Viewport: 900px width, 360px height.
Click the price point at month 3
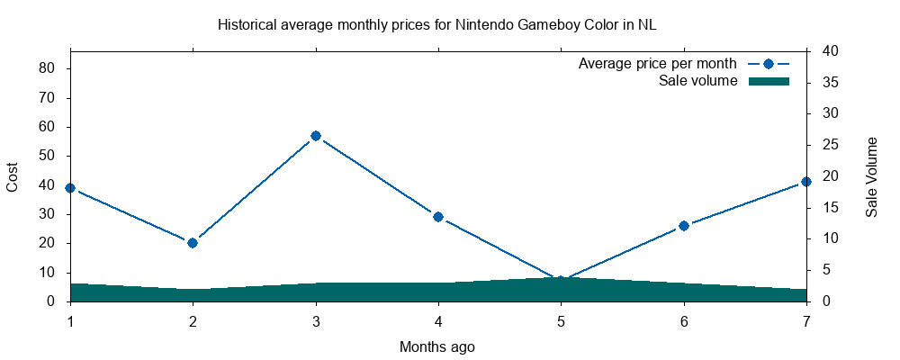pyautogui.click(x=316, y=136)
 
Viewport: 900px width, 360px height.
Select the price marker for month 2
pyautogui.click(x=193, y=243)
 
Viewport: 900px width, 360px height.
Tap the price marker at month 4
pyautogui.click(x=438, y=217)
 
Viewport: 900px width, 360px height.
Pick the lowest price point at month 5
pyautogui.click(x=561, y=281)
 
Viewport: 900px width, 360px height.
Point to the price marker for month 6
pyautogui.click(x=684, y=226)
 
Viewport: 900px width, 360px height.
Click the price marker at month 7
pyautogui.click(x=806, y=182)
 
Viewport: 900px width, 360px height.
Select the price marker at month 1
pyautogui.click(x=70, y=188)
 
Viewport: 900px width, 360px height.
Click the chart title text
pyautogui.click(x=437, y=25)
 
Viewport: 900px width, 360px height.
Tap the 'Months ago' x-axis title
pyautogui.click(x=437, y=346)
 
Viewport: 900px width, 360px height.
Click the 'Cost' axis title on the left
pyautogui.click(x=13, y=176)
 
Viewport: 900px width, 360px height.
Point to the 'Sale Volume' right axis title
pyautogui.click(x=871, y=176)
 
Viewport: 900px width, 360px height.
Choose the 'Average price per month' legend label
pyautogui.click(x=658, y=64)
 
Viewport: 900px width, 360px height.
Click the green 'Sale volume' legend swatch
pyautogui.click(x=769, y=81)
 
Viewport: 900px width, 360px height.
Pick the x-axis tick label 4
pyautogui.click(x=438, y=321)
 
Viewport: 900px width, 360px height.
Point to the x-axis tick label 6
pyautogui.click(x=684, y=321)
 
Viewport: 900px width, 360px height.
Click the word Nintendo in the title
pyautogui.click(x=482, y=25)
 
